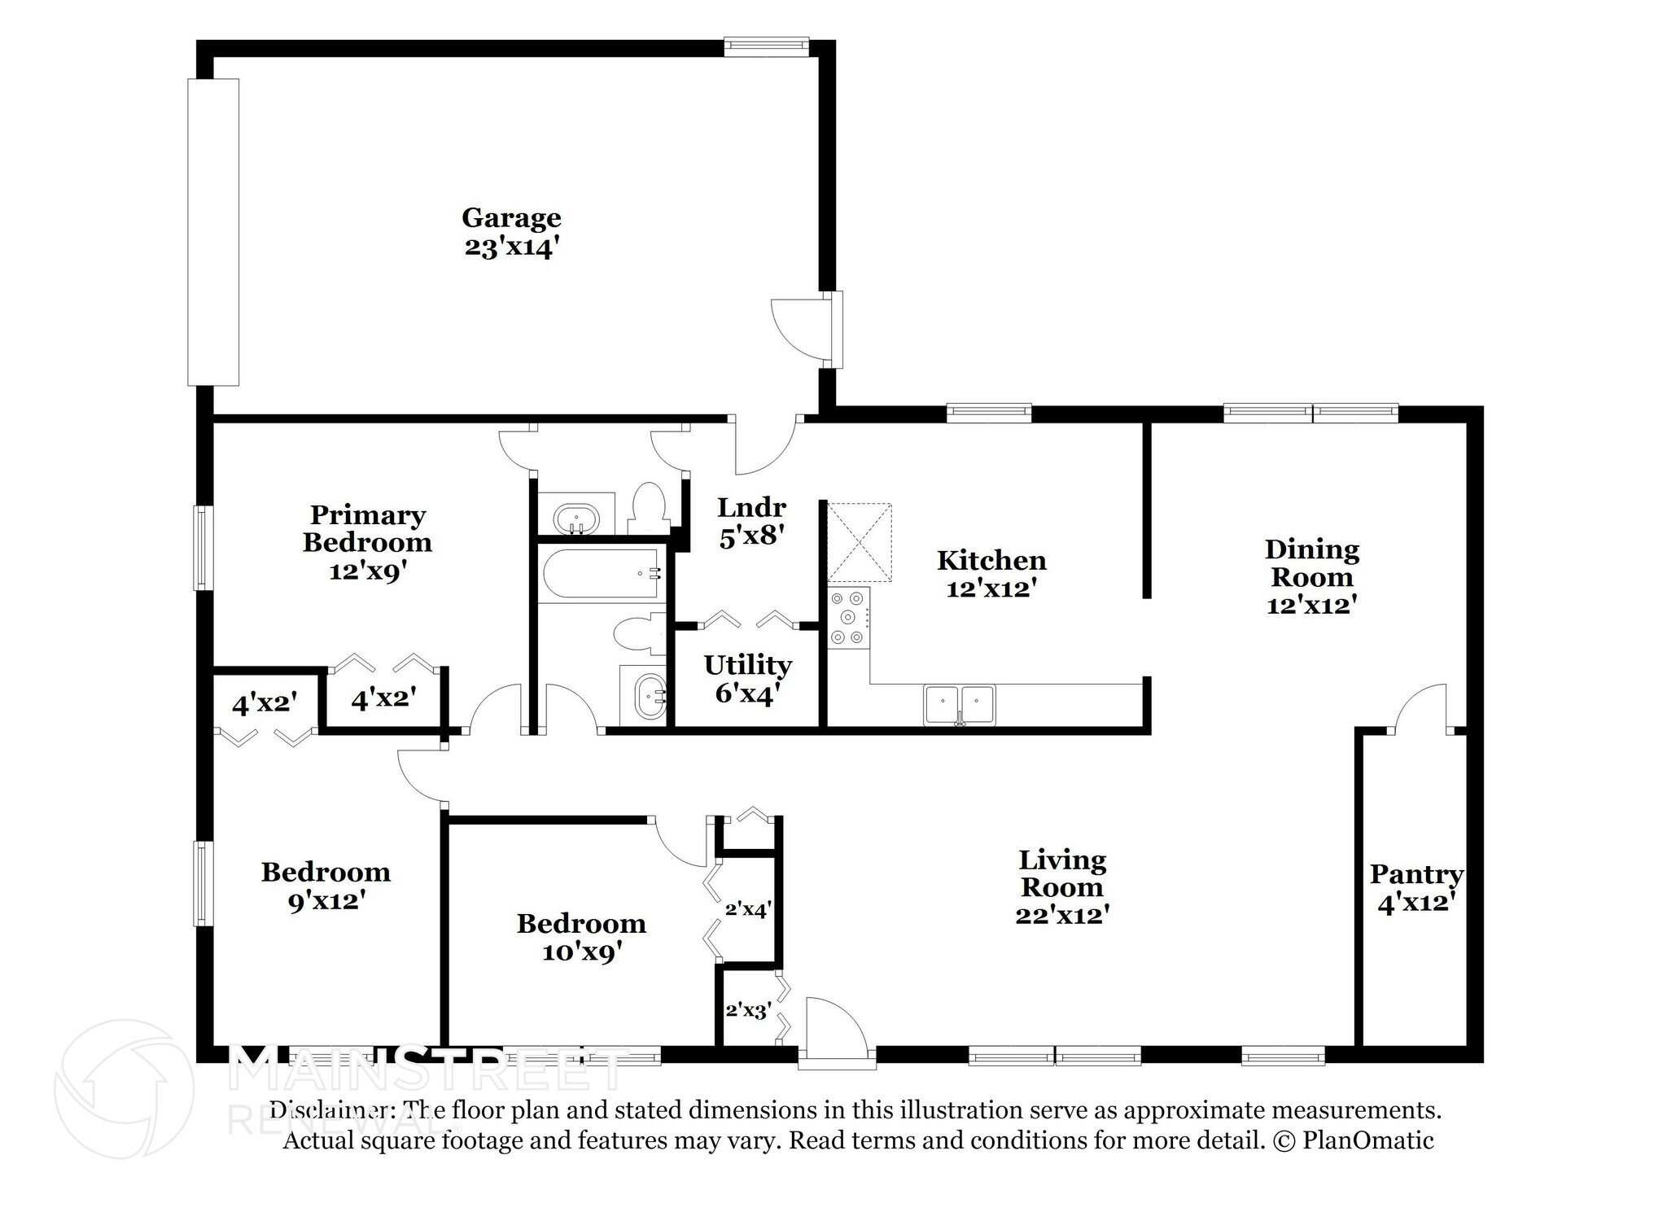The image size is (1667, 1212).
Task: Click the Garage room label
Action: [x=511, y=218]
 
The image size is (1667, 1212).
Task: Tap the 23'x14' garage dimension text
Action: [x=512, y=247]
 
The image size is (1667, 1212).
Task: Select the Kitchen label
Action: [x=991, y=560]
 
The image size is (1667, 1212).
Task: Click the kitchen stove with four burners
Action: [x=849, y=618]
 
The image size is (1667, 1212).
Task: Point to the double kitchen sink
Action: [x=960, y=705]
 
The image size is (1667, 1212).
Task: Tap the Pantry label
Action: [x=1416, y=874]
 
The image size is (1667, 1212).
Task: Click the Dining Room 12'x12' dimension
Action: [x=1311, y=605]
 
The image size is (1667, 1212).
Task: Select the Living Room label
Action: [x=1062, y=873]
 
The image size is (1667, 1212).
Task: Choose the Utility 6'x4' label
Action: [x=747, y=679]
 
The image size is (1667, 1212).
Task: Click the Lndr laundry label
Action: [x=751, y=508]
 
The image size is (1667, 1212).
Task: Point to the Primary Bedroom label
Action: [x=367, y=529]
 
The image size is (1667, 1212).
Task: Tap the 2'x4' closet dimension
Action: [x=748, y=909]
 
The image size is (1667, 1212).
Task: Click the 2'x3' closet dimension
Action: [x=748, y=1011]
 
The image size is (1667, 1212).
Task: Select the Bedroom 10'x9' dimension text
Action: [x=582, y=952]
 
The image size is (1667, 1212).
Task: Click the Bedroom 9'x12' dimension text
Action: [x=326, y=901]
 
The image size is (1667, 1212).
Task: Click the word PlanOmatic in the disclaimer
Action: [x=1368, y=1140]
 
